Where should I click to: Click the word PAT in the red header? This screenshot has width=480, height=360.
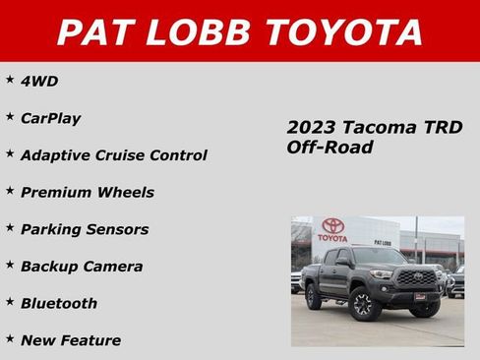(x=95, y=32)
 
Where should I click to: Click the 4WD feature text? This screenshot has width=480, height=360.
(x=39, y=81)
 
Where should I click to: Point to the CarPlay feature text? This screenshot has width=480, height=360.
(x=50, y=118)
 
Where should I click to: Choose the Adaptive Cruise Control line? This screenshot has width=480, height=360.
(x=113, y=155)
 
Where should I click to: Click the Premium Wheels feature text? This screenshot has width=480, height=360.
(x=87, y=192)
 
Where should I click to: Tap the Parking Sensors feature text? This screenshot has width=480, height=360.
(x=85, y=229)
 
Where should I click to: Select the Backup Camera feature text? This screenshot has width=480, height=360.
(x=81, y=267)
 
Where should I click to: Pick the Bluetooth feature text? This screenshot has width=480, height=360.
(x=58, y=303)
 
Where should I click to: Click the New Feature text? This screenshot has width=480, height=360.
(x=70, y=340)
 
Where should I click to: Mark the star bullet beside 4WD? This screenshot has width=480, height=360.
(x=10, y=79)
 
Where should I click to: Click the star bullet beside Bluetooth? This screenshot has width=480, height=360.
(x=10, y=301)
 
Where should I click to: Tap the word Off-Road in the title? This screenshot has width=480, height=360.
(x=330, y=147)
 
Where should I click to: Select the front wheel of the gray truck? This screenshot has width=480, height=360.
(x=364, y=306)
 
